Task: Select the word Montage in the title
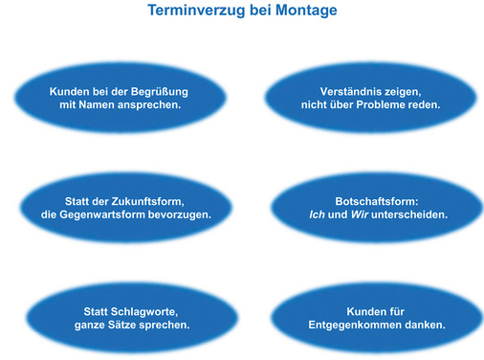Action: click(303, 12)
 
